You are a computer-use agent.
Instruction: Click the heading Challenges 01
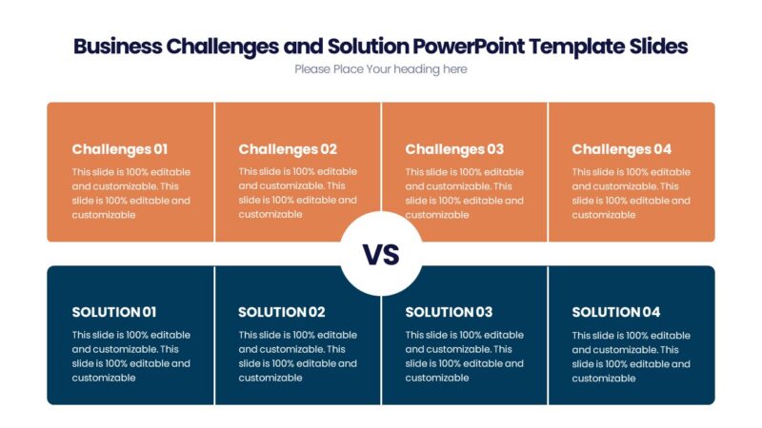[x=119, y=149]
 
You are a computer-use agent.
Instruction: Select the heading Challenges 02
[x=288, y=149]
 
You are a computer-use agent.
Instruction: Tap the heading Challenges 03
[x=454, y=149]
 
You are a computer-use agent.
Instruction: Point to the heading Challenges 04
[x=621, y=149]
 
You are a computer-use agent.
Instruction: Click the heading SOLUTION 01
[x=114, y=312]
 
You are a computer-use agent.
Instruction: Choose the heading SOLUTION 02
[x=282, y=312]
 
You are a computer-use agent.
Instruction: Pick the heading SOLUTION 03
[x=449, y=312]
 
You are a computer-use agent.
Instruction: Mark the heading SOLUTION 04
[x=615, y=312]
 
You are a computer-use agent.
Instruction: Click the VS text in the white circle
[x=381, y=255]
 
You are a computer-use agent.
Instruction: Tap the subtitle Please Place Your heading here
[x=381, y=69]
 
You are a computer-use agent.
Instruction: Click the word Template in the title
[x=571, y=46]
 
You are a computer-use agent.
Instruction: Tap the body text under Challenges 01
[x=130, y=193]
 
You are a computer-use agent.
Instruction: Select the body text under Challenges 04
[x=631, y=193]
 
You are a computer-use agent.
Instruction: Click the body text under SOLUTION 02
[x=297, y=356]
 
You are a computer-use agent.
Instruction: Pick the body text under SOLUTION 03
[x=464, y=356]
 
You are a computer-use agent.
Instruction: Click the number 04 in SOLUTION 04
[x=650, y=312]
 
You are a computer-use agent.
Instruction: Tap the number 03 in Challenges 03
[x=494, y=149]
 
